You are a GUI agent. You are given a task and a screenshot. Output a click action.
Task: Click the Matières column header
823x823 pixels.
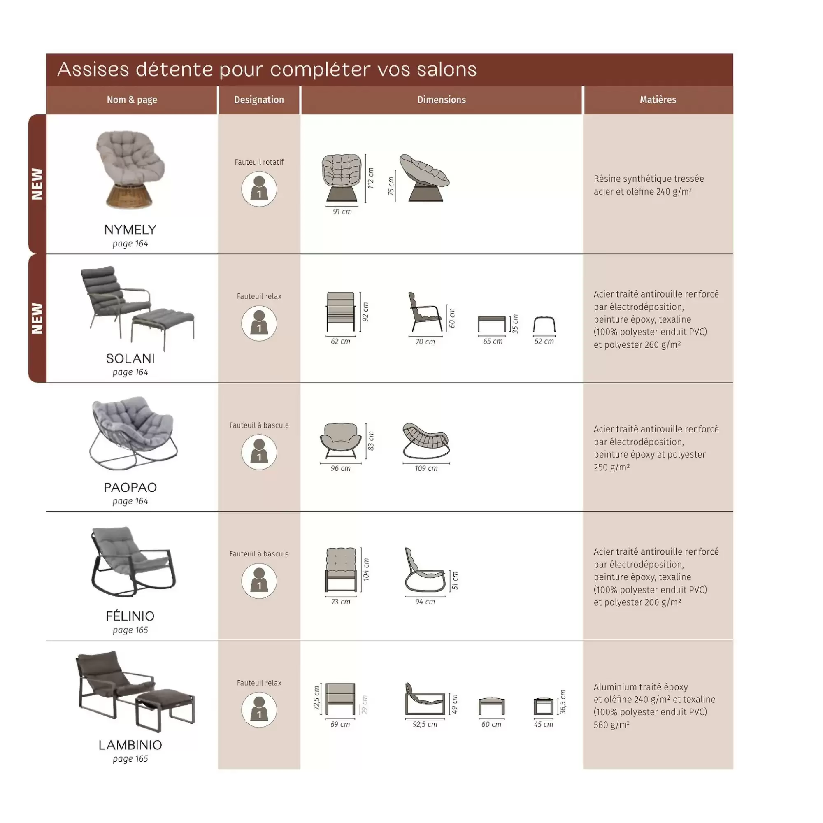point(658,100)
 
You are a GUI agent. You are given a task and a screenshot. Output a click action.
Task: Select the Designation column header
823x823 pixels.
point(259,100)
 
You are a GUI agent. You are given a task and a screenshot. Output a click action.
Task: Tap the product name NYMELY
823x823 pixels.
point(130,230)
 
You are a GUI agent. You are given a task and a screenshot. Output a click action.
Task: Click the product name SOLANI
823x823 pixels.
point(130,359)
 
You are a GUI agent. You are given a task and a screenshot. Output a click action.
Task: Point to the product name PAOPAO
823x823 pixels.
point(130,487)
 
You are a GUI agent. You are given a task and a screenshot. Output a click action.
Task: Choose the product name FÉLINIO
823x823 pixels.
point(130,616)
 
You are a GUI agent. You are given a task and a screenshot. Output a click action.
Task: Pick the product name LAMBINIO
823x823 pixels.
point(130,745)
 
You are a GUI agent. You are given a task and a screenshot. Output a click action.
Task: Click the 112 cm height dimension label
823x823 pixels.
point(371,178)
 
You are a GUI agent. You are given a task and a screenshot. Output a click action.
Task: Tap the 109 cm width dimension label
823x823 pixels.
point(426,469)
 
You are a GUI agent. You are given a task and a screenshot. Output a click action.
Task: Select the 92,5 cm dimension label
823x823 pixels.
point(425,724)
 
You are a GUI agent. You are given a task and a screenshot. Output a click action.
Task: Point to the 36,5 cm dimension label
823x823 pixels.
point(563,702)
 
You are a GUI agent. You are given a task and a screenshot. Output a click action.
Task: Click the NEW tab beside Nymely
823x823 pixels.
point(37,184)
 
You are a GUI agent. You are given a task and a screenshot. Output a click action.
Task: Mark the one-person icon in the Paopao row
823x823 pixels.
point(259,452)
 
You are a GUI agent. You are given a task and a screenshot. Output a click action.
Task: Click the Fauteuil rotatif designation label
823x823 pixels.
point(259,162)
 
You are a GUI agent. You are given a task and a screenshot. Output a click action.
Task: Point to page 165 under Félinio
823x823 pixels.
point(130,630)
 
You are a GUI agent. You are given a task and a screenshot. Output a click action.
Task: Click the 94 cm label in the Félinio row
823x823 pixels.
point(425,602)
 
